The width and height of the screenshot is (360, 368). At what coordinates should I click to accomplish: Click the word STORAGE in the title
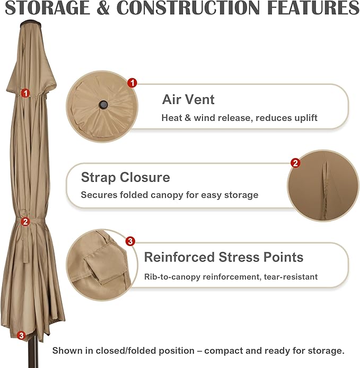coord(48,8)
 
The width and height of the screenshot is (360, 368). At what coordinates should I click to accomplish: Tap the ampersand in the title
coord(103,8)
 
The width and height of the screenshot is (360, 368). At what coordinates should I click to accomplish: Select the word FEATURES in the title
coord(313,8)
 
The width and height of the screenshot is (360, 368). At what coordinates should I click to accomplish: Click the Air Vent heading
coord(188,99)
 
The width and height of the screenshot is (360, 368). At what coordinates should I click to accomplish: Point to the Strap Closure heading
coord(125,178)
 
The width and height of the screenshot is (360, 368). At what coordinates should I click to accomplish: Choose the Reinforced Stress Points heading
coord(224,257)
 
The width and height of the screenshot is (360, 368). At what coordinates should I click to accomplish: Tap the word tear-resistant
coord(291,277)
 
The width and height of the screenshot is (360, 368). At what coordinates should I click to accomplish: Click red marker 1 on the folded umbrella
coord(25,93)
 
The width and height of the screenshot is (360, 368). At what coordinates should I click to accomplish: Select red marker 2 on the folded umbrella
coord(25,222)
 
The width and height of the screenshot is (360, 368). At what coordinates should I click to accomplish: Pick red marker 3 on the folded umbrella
coord(21,335)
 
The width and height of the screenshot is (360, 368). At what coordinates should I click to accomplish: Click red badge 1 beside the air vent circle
coord(132,83)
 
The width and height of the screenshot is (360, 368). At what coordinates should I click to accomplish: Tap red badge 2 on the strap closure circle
coord(295,163)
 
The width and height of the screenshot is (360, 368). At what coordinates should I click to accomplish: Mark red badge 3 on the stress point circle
coord(130,241)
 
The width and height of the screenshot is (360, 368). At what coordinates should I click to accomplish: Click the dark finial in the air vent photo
coord(103,104)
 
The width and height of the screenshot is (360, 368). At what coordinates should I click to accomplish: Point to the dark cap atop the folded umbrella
coord(31,23)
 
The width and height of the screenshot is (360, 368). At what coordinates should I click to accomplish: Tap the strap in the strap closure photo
coord(325,188)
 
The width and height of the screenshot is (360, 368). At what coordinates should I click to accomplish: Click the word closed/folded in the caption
coord(127,351)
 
